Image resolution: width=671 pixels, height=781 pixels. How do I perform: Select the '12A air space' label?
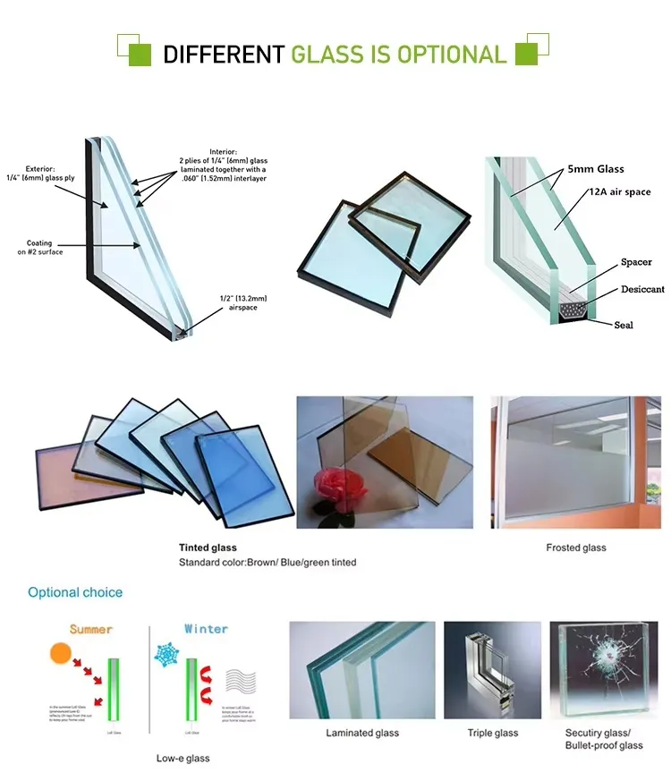coord(618,191)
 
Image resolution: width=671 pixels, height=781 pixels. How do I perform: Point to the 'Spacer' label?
coord(636,262)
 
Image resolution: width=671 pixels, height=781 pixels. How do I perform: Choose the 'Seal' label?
coord(624,325)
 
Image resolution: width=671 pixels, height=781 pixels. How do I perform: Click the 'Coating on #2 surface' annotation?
coord(38,248)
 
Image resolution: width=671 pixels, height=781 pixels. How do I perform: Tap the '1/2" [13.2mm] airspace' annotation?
coord(243,302)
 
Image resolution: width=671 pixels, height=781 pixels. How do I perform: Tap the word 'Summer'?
coord(91,629)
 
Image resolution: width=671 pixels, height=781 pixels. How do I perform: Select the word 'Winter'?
coord(206,629)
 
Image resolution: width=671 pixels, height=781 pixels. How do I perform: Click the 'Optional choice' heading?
coord(75,592)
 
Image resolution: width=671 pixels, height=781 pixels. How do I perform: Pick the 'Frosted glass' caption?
coord(575,548)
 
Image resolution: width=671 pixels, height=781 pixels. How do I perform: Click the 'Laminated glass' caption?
coord(361,733)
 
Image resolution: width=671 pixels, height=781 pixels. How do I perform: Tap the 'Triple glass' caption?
coord(492,733)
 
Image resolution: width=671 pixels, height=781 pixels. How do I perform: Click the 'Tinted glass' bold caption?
coord(208,548)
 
